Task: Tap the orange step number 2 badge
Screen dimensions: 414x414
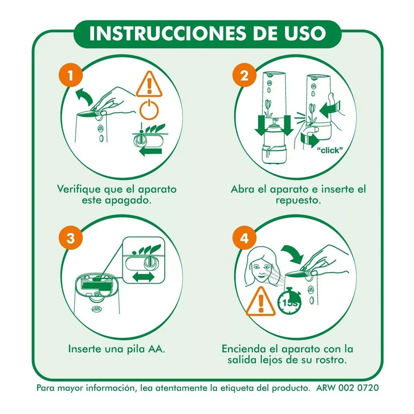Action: pos(244,76)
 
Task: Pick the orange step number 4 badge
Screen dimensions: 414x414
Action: pos(244,238)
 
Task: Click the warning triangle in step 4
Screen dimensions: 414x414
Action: pos(261,302)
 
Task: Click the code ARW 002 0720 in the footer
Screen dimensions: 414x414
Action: pos(347,387)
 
